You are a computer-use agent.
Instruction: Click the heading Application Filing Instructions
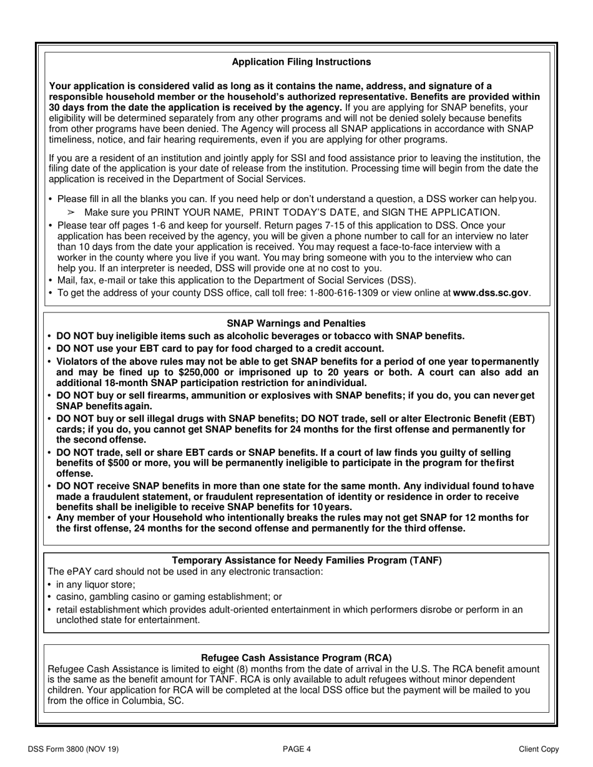(301, 62)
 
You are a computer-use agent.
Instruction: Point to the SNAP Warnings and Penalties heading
(296, 323)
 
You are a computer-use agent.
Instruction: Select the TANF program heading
(306, 560)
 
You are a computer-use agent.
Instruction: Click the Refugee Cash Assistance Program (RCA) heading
(296, 657)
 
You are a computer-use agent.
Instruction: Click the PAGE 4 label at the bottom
(296, 750)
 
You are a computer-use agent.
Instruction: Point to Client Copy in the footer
(539, 750)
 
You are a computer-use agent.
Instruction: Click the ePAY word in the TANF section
(78, 571)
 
